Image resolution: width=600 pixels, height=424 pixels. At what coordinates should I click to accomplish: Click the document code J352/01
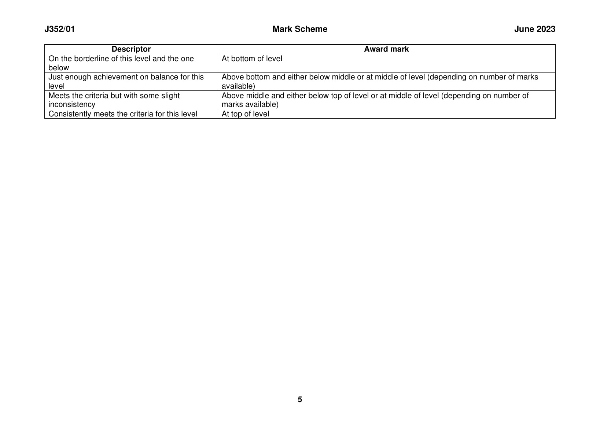(59, 29)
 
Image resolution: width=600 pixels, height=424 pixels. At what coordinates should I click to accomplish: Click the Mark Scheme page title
(300, 29)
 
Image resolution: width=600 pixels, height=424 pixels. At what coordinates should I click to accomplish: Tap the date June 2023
(534, 29)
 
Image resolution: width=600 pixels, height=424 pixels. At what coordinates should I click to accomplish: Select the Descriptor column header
(131, 49)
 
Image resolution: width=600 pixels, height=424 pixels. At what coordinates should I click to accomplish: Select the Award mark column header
(386, 49)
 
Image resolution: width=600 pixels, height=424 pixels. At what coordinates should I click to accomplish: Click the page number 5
(300, 399)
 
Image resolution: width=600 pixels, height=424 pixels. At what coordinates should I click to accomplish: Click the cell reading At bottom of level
(252, 59)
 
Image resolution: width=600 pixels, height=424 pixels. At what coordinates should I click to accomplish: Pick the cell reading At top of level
(245, 114)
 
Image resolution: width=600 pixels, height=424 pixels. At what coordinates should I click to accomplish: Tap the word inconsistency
(71, 104)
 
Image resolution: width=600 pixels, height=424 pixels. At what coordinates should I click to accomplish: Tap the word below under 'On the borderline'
(59, 68)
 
